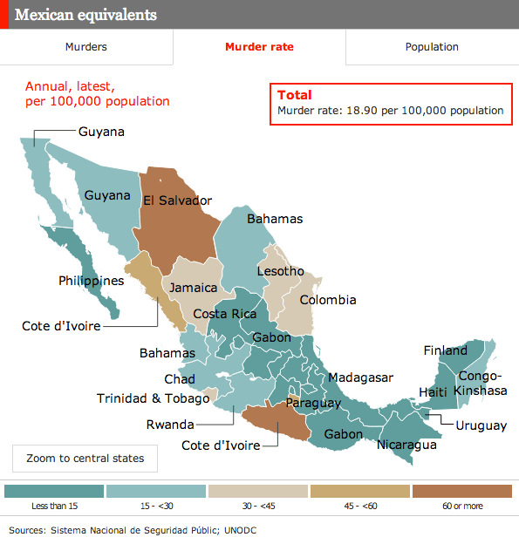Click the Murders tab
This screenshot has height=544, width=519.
(86, 47)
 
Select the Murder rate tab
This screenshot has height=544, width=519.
(259, 47)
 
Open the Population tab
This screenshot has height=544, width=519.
(432, 47)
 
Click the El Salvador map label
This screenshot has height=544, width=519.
(178, 201)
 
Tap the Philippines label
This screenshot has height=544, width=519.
(91, 281)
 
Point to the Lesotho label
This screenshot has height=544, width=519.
(280, 271)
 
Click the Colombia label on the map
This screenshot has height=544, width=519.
(328, 300)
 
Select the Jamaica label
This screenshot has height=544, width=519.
(194, 288)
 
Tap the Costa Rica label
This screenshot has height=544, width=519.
(224, 314)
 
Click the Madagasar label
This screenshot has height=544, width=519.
(360, 377)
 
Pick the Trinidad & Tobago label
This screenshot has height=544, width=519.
(153, 398)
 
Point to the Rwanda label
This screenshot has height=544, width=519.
(169, 425)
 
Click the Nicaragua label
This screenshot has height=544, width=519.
(406, 445)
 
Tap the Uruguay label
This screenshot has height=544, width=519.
(481, 425)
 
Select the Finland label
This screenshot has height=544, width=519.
(445, 350)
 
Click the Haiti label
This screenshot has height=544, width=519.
(434, 392)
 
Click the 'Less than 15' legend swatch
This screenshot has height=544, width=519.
(54, 492)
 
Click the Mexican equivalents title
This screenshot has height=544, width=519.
(86, 15)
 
